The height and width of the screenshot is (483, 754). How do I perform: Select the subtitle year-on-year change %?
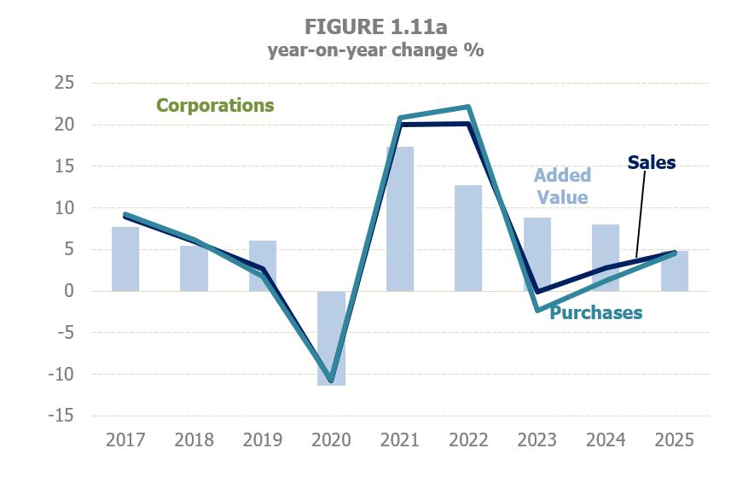(x=376, y=49)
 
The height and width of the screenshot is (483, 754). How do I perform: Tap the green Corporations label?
(x=215, y=106)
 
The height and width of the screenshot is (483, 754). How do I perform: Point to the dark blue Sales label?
(x=651, y=162)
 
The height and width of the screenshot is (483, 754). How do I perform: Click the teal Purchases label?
(x=595, y=312)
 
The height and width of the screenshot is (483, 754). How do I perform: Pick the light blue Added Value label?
(x=562, y=186)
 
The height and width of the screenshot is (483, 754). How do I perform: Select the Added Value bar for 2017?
(x=125, y=259)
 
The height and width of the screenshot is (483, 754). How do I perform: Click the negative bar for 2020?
(x=331, y=341)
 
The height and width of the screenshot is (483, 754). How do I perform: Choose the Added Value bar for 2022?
(x=468, y=238)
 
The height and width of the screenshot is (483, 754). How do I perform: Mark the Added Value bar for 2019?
(x=262, y=266)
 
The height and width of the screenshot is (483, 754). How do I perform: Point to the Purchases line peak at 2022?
(x=468, y=108)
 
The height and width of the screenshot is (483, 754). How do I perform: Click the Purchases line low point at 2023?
(x=537, y=310)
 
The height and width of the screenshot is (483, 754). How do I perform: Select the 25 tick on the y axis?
(x=64, y=83)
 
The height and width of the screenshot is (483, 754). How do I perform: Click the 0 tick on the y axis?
(x=69, y=291)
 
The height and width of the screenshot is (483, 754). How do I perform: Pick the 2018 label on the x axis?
(x=194, y=440)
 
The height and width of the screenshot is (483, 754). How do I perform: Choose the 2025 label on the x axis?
(x=674, y=440)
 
